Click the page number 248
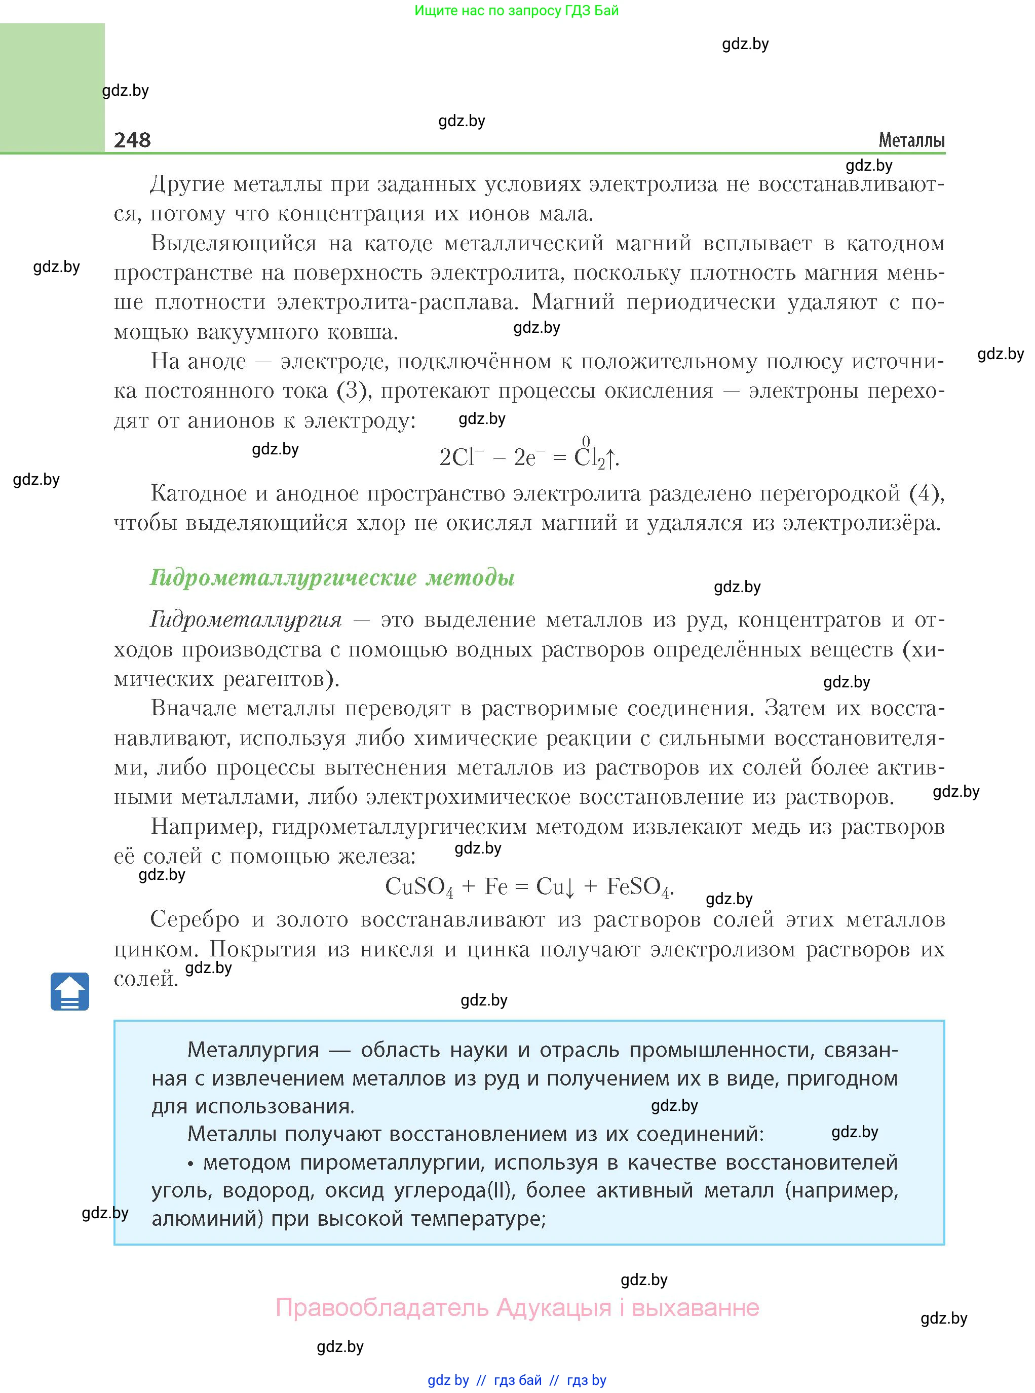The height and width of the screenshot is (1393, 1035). click(132, 140)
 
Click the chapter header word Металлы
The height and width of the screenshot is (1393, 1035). click(911, 140)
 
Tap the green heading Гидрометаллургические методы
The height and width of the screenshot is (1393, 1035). click(332, 577)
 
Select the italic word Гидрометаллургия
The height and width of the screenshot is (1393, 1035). click(246, 620)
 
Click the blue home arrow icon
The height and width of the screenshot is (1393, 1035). click(69, 991)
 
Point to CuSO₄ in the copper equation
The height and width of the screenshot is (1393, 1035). click(418, 887)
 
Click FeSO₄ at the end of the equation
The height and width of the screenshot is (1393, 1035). click(639, 887)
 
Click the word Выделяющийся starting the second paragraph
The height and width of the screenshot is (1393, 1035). click(234, 243)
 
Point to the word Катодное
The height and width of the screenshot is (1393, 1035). click(201, 493)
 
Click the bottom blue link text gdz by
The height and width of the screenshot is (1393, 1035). click(448, 1380)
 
